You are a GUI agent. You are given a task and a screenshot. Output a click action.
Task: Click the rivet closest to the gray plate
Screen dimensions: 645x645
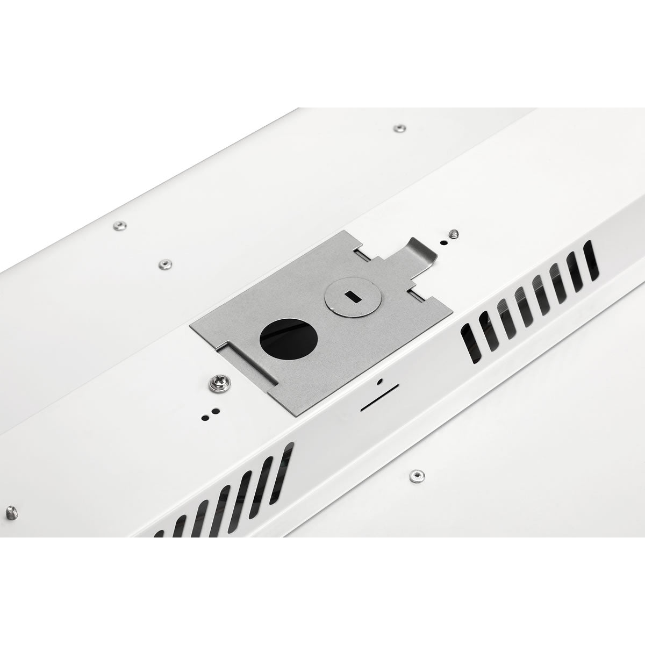pos(164,263)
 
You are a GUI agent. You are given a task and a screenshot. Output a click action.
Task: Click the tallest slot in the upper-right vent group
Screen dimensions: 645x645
pos(591,261)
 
